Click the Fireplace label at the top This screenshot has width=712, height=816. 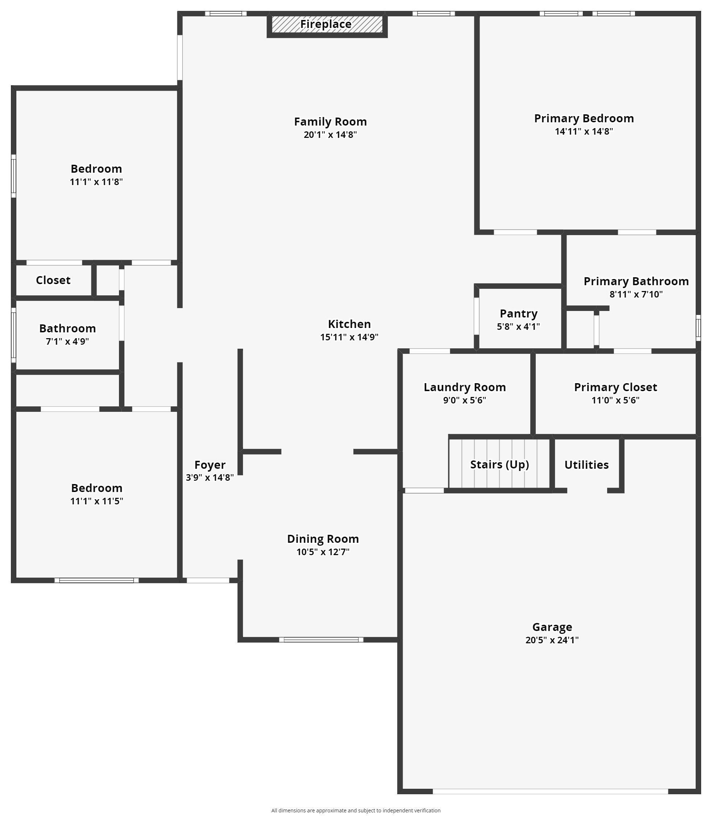[326, 24]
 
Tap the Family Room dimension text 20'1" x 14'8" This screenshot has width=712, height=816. [330, 135]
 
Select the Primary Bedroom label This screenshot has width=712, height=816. [584, 118]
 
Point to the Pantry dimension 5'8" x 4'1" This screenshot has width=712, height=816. [518, 327]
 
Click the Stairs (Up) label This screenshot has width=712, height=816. [499, 465]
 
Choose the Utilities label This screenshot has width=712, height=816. [587, 465]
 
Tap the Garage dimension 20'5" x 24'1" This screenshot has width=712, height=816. [552, 640]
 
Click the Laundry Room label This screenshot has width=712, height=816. [465, 388]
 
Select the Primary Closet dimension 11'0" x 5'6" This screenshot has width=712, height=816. [615, 400]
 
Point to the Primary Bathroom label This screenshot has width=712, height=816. [636, 282]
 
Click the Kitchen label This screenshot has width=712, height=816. [349, 324]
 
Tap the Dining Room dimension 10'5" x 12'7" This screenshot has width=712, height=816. [322, 552]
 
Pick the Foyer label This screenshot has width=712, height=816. [210, 465]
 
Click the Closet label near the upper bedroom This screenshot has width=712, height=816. [53, 280]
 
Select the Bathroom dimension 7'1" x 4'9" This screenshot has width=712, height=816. [67, 341]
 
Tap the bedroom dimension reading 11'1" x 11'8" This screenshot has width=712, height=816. [96, 182]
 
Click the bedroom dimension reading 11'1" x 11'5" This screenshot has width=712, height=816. [96, 501]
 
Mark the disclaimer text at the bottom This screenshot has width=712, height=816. [355, 811]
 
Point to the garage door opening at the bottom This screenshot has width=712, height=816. [550, 791]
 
